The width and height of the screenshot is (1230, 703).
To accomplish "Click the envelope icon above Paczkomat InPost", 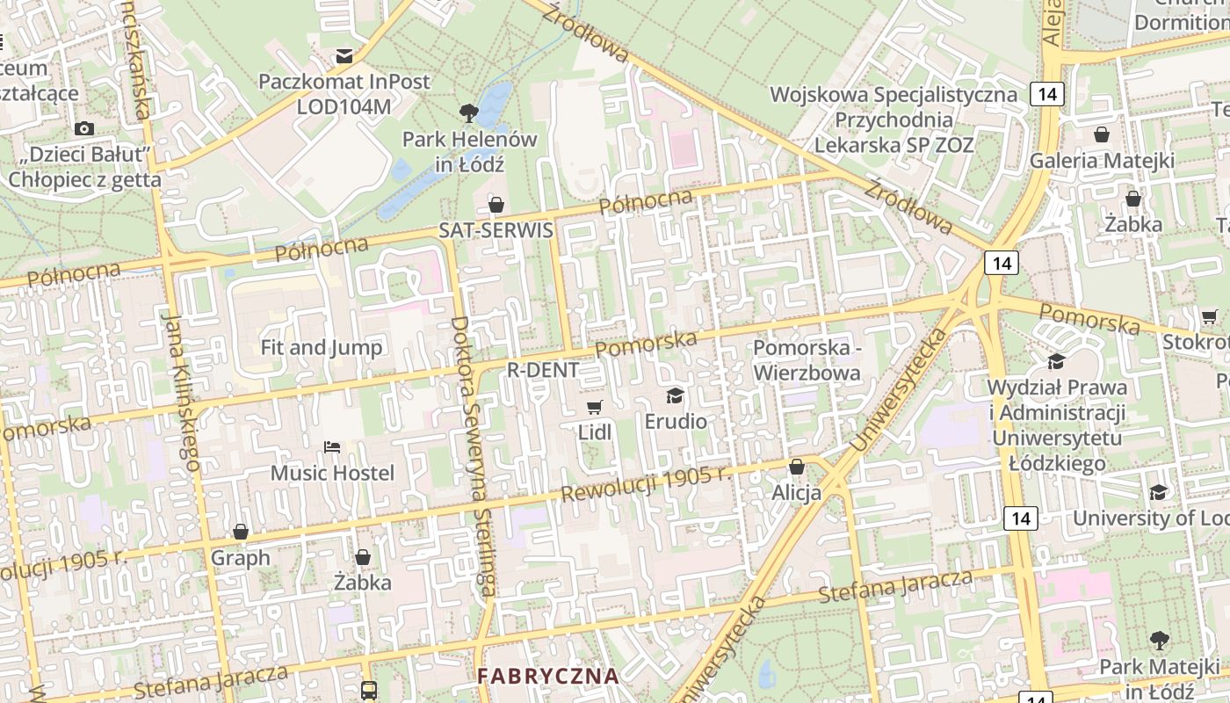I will tap(344, 56).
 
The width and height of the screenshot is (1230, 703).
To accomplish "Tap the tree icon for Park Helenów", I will tap(469, 112).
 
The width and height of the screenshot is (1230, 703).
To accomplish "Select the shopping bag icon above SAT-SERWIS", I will tap(496, 205).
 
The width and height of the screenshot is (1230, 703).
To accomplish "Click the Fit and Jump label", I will tap(322, 347).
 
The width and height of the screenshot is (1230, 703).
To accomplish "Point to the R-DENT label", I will tap(543, 370).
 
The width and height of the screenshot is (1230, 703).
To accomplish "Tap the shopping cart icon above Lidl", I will tap(595, 406).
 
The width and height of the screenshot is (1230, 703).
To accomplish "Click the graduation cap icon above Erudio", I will tap(675, 395).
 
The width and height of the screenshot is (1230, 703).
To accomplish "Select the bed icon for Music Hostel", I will tap(332, 447).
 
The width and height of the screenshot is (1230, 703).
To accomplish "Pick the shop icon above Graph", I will tap(241, 532).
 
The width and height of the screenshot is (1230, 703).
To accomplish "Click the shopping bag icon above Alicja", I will tap(797, 466).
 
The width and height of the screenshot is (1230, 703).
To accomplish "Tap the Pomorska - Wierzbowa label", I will tap(807, 360).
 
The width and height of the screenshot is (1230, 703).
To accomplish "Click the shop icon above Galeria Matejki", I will tap(1102, 134).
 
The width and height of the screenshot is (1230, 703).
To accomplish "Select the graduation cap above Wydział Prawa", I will tap(1057, 361).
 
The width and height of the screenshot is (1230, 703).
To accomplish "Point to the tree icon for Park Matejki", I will tap(1159, 641).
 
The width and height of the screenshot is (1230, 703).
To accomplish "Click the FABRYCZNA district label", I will tap(548, 677).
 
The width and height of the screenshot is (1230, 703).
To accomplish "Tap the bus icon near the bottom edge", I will tap(369, 690).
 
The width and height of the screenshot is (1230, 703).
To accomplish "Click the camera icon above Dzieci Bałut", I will tap(84, 129).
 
